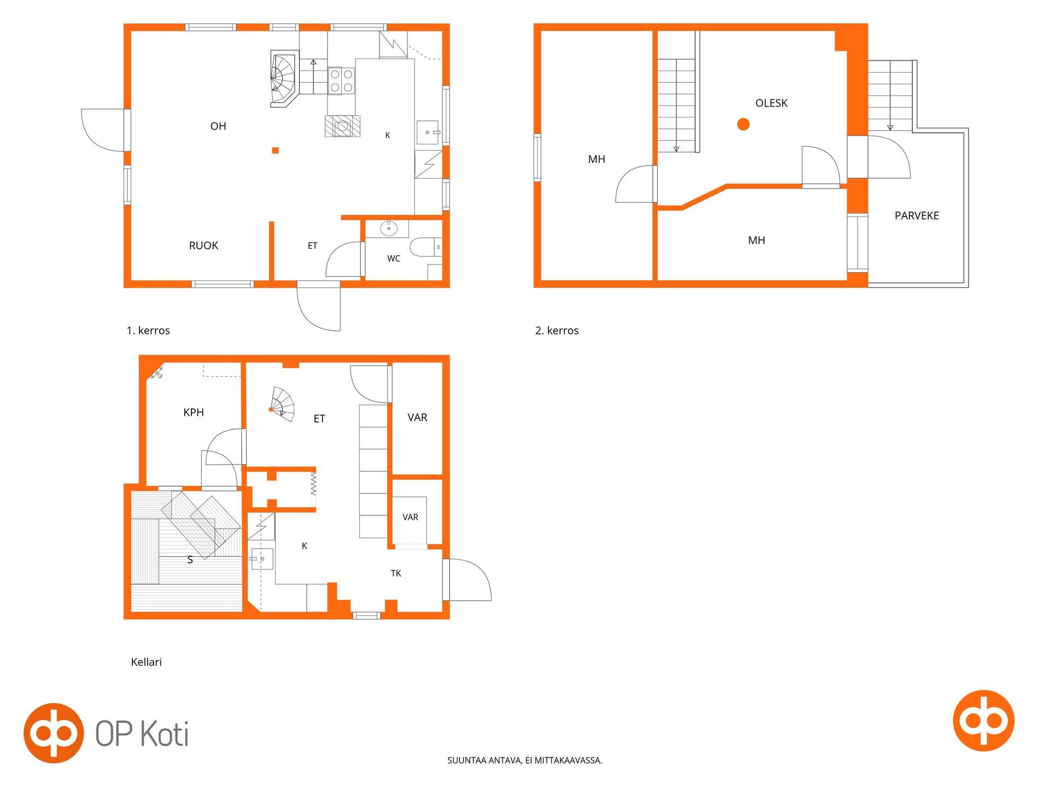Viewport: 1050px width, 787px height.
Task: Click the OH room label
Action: coord(218,126)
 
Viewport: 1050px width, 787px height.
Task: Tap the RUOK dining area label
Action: coord(203,246)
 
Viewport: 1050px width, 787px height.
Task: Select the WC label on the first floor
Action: coord(394,259)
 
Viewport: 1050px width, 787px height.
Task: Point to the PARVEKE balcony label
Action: coord(917,216)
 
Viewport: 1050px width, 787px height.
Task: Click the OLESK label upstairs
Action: coord(771,103)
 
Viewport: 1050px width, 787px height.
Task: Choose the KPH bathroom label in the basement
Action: coord(194,413)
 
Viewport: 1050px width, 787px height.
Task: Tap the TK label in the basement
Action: coord(396,573)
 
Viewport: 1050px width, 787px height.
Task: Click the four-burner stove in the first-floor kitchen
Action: coord(341,81)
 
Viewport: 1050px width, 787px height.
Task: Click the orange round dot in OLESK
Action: coord(743,125)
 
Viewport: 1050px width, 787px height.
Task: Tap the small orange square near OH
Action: coord(276,150)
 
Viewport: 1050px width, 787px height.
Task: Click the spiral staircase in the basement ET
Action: coord(282,405)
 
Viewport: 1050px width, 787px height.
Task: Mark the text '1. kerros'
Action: coord(148,331)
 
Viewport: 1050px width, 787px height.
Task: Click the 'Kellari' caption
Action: coord(147,662)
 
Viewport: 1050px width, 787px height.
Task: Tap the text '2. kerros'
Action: coord(557,331)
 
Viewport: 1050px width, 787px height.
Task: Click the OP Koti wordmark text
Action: coord(142,733)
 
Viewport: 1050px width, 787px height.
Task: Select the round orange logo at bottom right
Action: coord(983,720)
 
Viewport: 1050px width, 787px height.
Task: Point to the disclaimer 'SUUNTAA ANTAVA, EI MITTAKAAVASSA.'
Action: coord(525,760)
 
